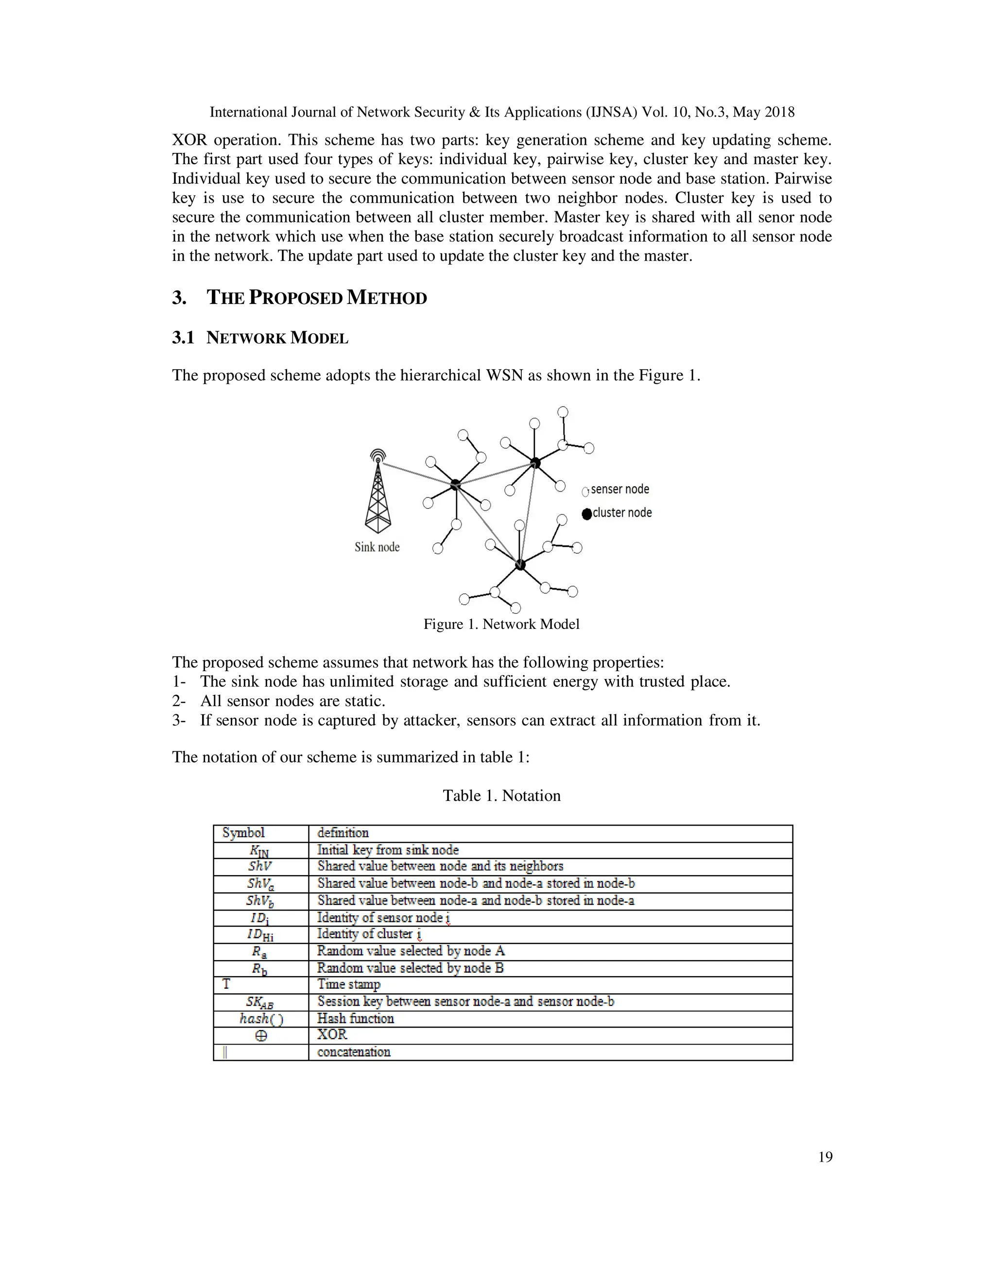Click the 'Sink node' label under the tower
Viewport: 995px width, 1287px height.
click(x=377, y=547)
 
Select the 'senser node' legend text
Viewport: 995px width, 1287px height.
click(x=619, y=489)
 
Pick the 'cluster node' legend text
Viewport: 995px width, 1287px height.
click(x=622, y=513)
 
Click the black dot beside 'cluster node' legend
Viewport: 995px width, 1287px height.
click(x=586, y=514)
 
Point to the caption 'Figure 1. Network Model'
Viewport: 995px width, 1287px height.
click(x=501, y=624)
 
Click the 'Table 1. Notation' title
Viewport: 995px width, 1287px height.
click(x=501, y=796)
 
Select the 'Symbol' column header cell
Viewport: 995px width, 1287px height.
click(x=243, y=832)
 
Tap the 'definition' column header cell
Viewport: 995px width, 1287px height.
click(x=343, y=832)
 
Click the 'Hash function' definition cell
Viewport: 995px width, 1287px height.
click(x=356, y=1018)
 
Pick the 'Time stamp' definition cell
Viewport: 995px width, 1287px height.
click(x=349, y=984)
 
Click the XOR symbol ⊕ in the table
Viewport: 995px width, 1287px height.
click(x=260, y=1035)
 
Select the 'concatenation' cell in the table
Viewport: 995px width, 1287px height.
click(x=354, y=1052)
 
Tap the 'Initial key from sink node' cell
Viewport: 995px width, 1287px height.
click(x=388, y=850)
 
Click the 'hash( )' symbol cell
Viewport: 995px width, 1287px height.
click(x=260, y=1019)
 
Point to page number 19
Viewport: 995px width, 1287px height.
click(x=825, y=1157)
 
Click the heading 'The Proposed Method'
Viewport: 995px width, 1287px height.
click(x=317, y=298)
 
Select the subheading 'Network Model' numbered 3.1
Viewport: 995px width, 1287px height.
click(x=277, y=338)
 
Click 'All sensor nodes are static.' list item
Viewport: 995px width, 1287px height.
click(x=292, y=701)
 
